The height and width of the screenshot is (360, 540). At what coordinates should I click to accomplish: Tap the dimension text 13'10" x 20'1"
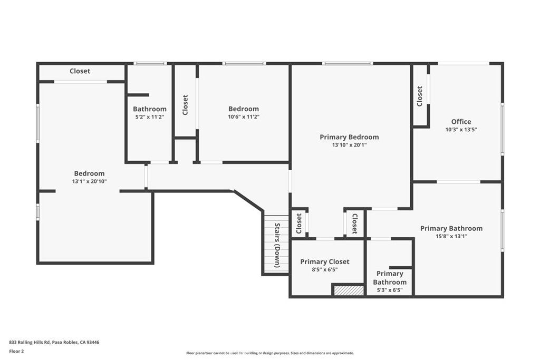tap(349, 145)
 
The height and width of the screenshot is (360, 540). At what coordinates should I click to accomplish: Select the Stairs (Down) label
tap(277, 245)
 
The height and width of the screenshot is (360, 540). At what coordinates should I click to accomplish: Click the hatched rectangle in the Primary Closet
tap(348, 290)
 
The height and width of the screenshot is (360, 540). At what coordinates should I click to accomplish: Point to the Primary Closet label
tap(324, 261)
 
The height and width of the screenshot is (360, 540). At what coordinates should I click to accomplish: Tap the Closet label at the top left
tap(80, 71)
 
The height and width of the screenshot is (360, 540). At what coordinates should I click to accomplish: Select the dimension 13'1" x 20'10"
tap(89, 181)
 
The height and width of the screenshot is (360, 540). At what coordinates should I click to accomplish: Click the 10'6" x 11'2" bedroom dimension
tap(243, 117)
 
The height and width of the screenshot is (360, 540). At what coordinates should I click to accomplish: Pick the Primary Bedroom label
tap(349, 137)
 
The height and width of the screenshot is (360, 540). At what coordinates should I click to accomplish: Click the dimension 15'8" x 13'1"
tap(451, 236)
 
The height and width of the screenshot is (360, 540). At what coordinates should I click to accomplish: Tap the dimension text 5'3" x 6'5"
tap(390, 290)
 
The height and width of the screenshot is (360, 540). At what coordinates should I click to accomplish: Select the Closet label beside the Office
tap(420, 95)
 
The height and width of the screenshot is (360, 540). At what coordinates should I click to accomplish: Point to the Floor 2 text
tap(16, 351)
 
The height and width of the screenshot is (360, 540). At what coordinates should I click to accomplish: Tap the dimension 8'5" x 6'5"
tap(324, 269)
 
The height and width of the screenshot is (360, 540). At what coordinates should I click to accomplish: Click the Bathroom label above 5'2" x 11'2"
tap(149, 109)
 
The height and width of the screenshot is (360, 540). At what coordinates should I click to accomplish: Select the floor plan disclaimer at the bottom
tap(269, 353)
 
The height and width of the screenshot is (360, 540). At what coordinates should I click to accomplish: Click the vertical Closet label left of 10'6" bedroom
tap(185, 105)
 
